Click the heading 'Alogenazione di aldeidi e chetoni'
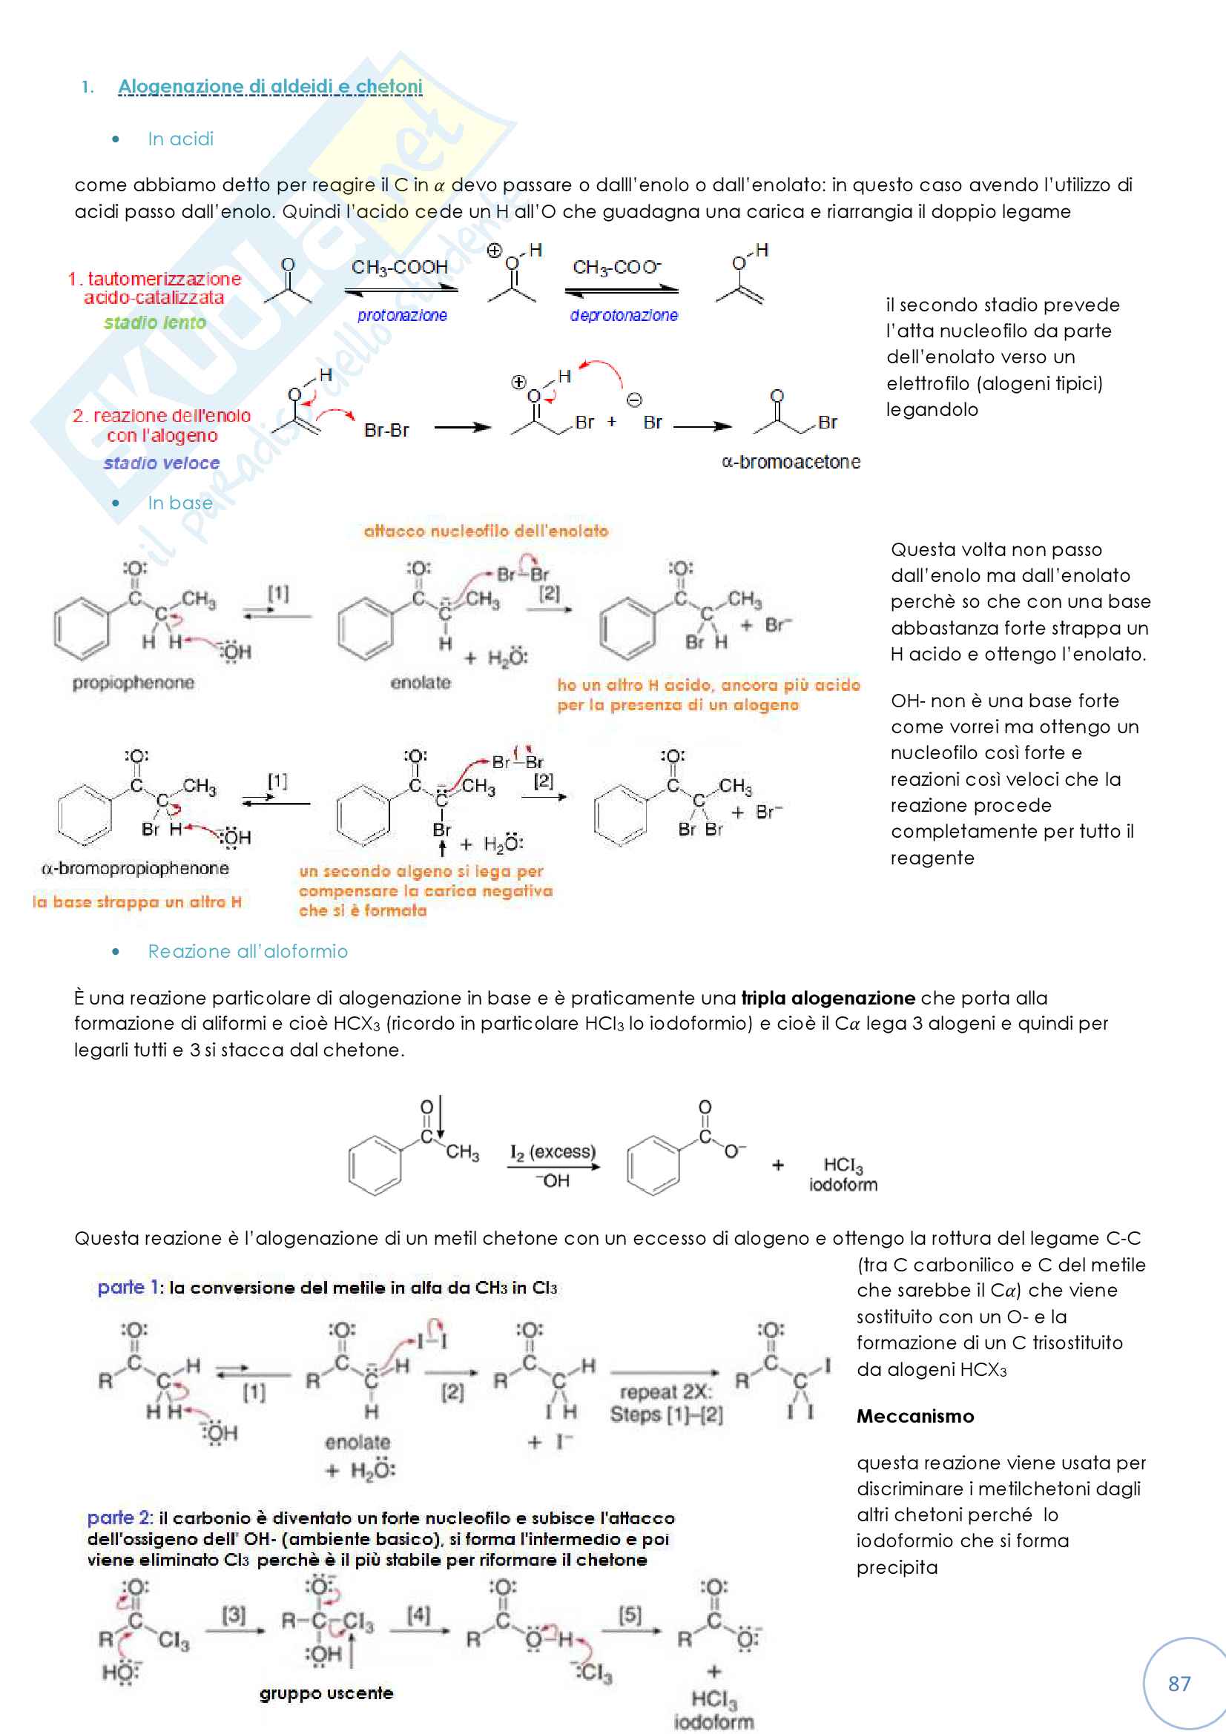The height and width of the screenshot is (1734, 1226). point(270,87)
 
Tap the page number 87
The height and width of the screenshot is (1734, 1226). point(1179,1683)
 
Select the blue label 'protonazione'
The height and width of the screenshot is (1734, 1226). point(402,315)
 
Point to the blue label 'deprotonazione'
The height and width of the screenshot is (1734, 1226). point(623,315)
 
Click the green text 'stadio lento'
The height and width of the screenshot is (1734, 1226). point(155,322)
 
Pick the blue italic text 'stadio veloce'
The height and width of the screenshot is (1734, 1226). point(162,463)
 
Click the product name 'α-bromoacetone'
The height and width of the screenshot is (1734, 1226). point(791,461)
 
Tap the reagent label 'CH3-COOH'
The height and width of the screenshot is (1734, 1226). point(400,268)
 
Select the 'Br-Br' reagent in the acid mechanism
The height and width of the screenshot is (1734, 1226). point(386,430)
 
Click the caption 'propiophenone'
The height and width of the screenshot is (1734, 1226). point(134,683)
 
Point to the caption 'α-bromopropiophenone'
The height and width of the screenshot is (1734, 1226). point(135,869)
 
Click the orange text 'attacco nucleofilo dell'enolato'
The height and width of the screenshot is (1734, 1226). point(486,531)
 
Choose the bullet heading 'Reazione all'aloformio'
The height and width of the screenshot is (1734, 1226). point(248,952)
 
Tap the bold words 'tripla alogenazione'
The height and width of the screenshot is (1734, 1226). point(828,998)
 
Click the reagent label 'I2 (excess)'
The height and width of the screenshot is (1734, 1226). point(553,1152)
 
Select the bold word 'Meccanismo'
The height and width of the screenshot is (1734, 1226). point(914,1416)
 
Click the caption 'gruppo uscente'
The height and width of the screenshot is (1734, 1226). point(326,1693)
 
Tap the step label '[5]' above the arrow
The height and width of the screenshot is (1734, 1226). point(630,1615)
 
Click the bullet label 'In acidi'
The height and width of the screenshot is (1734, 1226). point(180,139)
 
